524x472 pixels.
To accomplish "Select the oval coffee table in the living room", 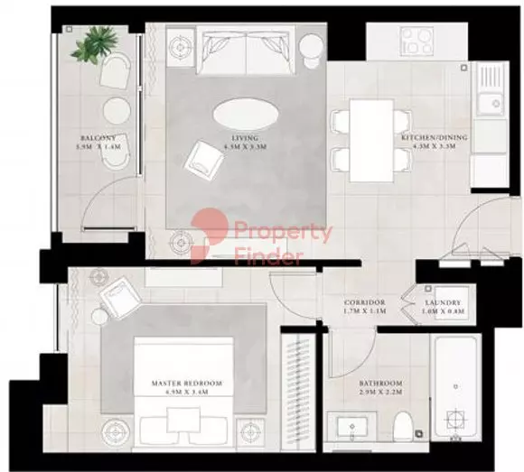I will tap(246, 116).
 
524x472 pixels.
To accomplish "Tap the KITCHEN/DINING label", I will tap(435, 138).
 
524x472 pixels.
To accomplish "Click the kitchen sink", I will tap(494, 102).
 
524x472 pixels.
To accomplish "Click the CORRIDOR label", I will tap(366, 303).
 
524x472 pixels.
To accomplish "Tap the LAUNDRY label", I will tap(444, 303).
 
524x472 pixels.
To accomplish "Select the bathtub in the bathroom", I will tap(458, 393).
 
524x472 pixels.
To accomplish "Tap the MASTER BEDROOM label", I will tap(185, 384).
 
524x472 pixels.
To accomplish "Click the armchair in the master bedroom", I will tap(119, 297).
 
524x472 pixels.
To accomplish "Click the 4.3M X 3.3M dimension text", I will tap(435, 147).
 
